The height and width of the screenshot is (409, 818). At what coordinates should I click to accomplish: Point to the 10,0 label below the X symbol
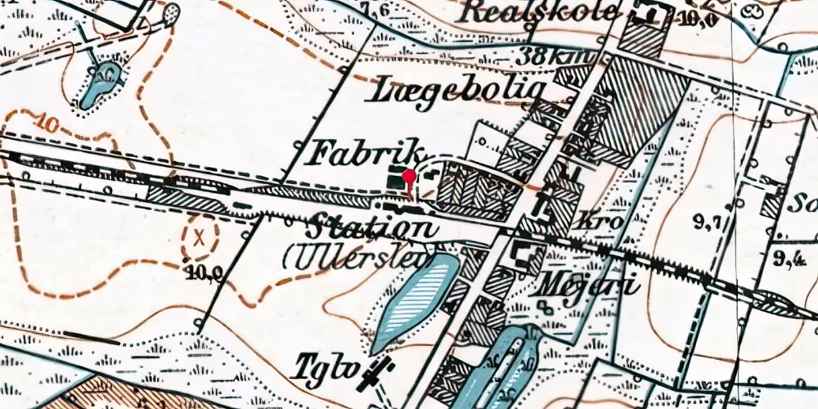click(205, 272)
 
